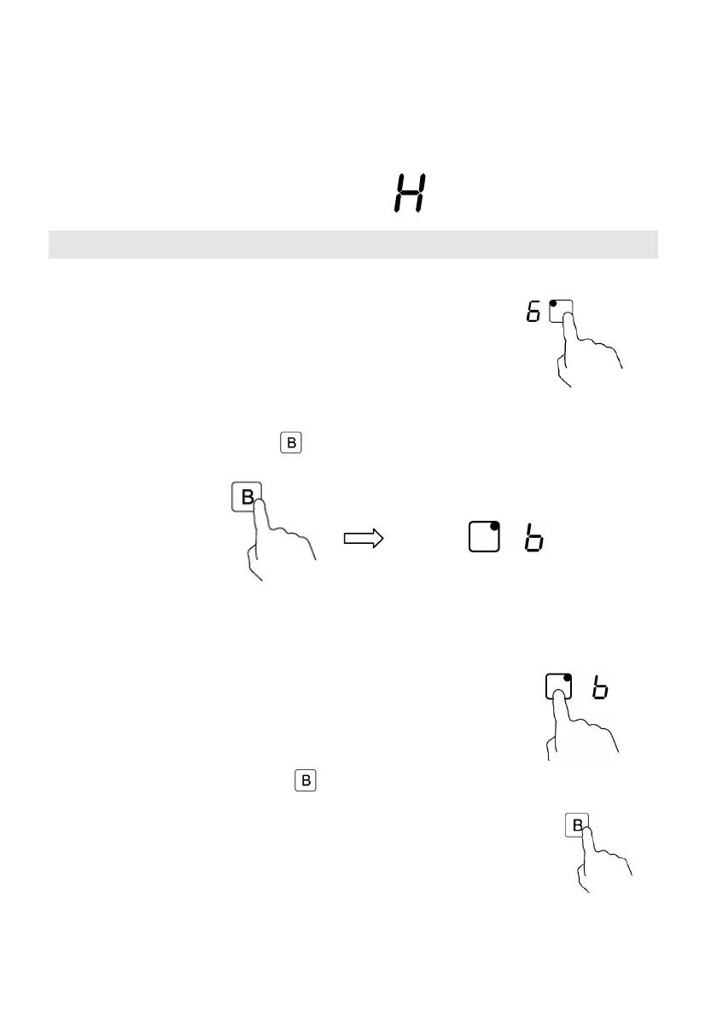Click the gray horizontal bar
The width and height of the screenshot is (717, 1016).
click(x=353, y=244)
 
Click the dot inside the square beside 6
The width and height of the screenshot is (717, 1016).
click(x=553, y=304)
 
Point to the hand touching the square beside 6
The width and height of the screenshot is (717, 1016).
click(x=589, y=350)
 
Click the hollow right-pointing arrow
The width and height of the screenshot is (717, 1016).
click(x=363, y=539)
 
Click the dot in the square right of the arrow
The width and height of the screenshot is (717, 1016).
click(x=494, y=527)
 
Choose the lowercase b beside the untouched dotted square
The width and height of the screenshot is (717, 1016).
click(x=536, y=540)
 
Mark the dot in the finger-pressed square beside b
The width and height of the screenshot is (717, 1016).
click(x=568, y=677)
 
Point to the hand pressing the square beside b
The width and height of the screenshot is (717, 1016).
click(x=580, y=726)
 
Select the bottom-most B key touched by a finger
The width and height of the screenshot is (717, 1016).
click(x=577, y=826)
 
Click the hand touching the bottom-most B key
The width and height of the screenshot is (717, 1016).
click(x=602, y=862)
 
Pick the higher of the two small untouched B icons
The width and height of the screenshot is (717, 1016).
click(x=290, y=443)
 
